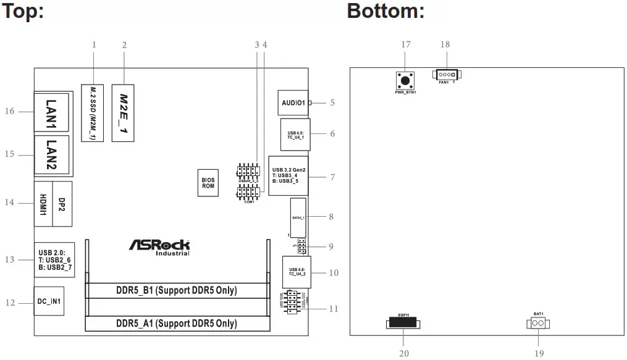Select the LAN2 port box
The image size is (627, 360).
click(x=51, y=154)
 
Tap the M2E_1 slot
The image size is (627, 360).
click(x=124, y=112)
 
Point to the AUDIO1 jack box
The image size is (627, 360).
click(x=293, y=103)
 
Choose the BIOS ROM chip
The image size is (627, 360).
click(x=208, y=183)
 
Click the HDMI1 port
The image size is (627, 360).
click(x=43, y=203)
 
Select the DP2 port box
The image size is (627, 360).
click(x=62, y=203)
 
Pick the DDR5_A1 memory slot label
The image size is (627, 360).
click(x=176, y=324)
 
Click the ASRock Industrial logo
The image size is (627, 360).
click(x=159, y=247)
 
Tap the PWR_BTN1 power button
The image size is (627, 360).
click(x=405, y=81)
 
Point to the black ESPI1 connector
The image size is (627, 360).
click(x=402, y=323)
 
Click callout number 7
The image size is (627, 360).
click(x=332, y=177)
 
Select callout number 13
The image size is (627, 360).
click(x=9, y=259)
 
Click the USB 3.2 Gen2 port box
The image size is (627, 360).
click(x=288, y=175)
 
